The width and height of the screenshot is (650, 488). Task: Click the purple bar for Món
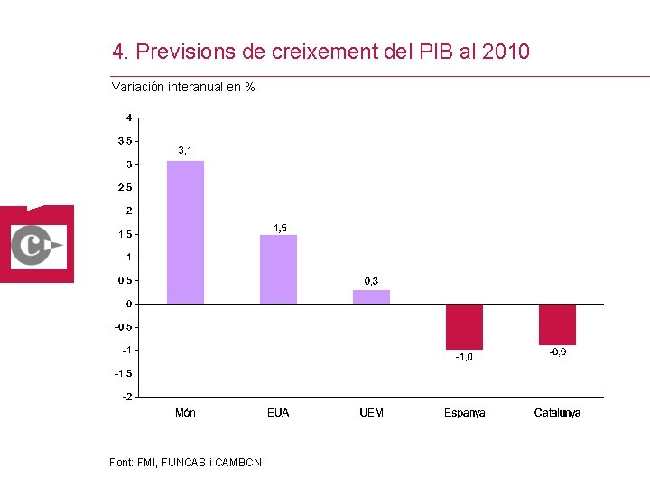(185, 232)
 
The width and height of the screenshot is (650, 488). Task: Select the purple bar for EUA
(278, 269)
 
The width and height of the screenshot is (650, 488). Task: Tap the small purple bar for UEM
(371, 296)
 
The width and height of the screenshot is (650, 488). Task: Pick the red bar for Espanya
(464, 326)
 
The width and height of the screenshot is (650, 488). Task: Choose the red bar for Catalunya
(557, 324)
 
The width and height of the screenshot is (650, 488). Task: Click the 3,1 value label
(184, 150)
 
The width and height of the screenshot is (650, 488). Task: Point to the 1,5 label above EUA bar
(280, 228)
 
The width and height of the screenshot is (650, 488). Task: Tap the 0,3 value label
(371, 281)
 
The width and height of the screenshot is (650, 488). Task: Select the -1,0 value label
(463, 357)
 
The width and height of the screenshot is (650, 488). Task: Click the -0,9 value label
(558, 352)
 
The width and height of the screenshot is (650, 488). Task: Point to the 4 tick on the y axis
(129, 117)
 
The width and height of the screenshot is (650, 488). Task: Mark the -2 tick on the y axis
(127, 397)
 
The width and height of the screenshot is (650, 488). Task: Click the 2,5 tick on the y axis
(125, 188)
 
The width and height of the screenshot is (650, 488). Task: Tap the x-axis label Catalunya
(557, 413)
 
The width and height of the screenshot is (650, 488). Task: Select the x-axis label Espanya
(464, 413)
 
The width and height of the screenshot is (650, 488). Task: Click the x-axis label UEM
(371, 413)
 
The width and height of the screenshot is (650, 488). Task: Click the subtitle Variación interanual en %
(182, 88)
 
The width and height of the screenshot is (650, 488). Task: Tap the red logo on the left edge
(37, 244)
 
